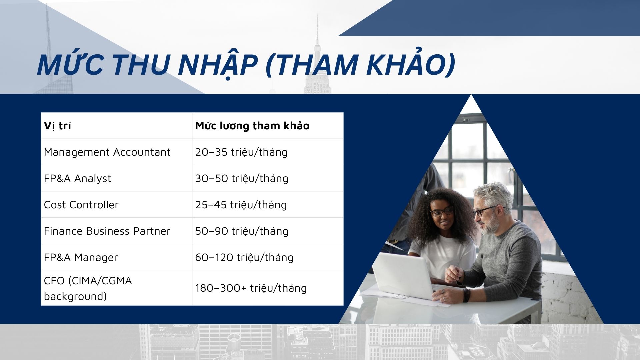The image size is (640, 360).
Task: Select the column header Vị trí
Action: [57, 126]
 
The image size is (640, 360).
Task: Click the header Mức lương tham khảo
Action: [252, 126]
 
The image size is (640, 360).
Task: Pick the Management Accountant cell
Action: [107, 152]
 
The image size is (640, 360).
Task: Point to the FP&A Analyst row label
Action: [77, 178]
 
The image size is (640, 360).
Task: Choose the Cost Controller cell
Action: [81, 205]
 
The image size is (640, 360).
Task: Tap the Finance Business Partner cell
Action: [107, 231]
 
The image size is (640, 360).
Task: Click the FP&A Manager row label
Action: [81, 257]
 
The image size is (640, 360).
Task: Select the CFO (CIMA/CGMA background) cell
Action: [88, 288]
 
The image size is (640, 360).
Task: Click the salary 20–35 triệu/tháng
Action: [241, 152]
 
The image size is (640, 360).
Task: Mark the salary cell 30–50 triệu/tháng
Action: [242, 178]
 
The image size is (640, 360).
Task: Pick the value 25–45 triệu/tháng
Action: [241, 205]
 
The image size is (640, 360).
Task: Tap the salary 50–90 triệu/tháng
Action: [242, 231]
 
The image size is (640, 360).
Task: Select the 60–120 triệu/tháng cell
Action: [244, 257]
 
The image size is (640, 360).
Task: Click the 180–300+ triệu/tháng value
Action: [251, 288]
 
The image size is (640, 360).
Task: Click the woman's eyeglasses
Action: [442, 211]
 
